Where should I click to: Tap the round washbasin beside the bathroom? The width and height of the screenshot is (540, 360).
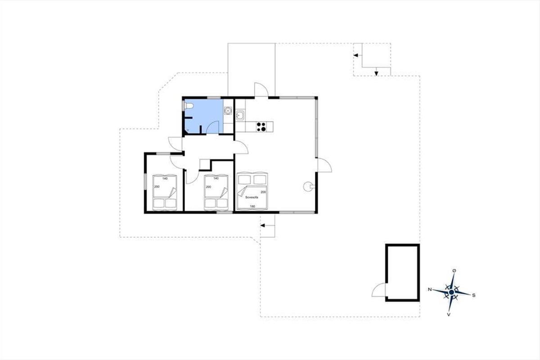pos(228,111)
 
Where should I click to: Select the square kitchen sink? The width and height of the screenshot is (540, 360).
pos(240,116)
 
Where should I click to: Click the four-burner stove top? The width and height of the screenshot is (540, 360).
pos(261,127)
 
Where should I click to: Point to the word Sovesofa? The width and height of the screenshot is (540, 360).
pos(252,197)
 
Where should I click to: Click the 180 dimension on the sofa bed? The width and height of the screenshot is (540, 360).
pos(252,207)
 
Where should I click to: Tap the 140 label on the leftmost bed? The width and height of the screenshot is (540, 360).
pos(165,179)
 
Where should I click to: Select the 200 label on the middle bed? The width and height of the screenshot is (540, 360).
pos(208,187)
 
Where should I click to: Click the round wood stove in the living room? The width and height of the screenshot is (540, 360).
pos(309,186)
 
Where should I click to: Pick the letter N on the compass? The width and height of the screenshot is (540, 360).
pos(430,289)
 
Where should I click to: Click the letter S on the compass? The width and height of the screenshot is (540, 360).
pos(474,295)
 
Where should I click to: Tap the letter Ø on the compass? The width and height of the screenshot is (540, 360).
pos(454,271)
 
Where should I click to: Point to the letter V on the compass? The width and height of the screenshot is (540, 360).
pos(449,315)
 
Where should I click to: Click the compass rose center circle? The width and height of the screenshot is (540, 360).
pos(452,292)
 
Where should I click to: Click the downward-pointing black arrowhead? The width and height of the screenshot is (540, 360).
pos(376,73)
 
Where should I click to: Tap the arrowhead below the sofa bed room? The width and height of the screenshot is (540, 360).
pos(263,225)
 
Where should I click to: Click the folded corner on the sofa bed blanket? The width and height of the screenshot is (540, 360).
pos(242,191)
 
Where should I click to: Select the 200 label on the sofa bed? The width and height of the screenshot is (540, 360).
pos(263,192)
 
